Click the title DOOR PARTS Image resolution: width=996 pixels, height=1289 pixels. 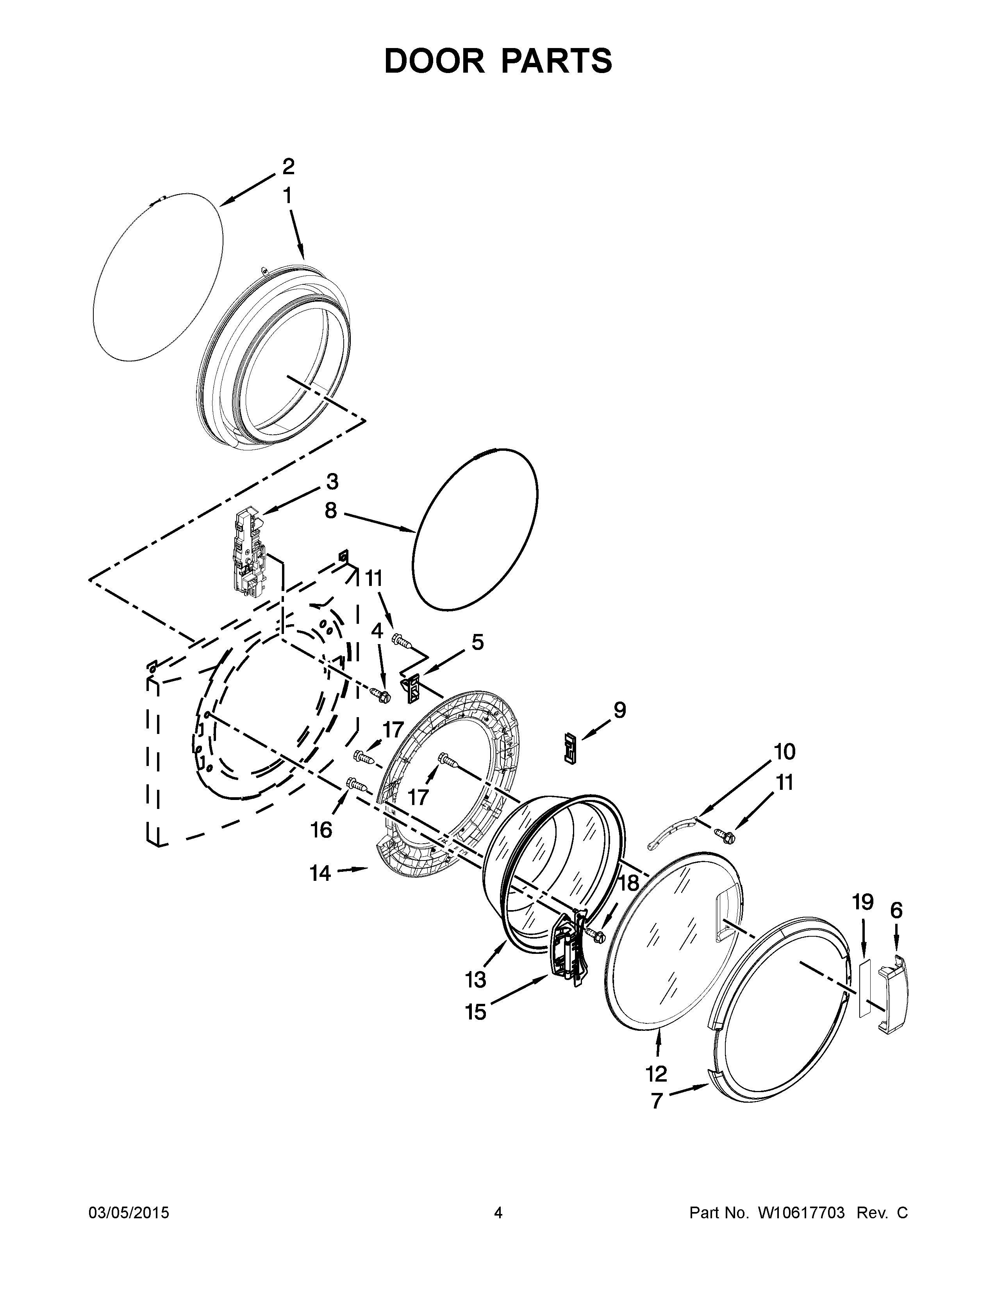[498, 61]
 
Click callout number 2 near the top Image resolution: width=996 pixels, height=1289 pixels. [288, 167]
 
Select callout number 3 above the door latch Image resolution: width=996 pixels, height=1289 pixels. [332, 482]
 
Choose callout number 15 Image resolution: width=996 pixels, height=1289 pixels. [476, 1012]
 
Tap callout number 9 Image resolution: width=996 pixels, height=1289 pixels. [619, 710]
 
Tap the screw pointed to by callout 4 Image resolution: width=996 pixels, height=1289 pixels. [378, 694]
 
